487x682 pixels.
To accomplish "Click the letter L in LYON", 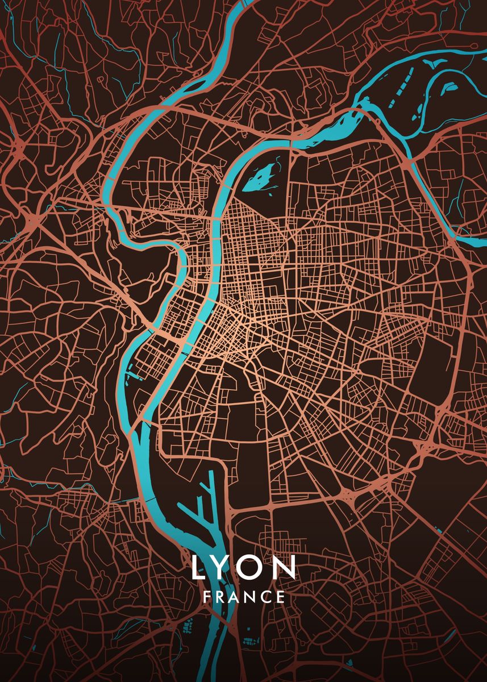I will [197, 567].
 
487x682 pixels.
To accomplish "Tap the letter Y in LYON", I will [222, 567].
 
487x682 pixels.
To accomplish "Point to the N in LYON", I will [285, 567].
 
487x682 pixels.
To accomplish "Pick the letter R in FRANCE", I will [220, 597].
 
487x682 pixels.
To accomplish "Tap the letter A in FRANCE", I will [235, 597].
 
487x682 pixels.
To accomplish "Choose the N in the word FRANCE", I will [251, 597].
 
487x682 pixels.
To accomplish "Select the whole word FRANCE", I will [243, 597].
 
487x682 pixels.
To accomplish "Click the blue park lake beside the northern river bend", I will [260, 177].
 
